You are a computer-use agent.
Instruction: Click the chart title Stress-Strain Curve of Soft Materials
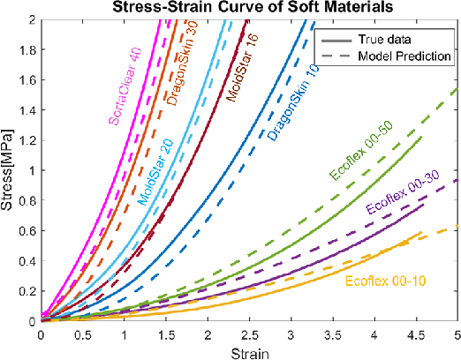tap(250, 9)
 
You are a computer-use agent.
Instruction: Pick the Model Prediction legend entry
tap(405, 56)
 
